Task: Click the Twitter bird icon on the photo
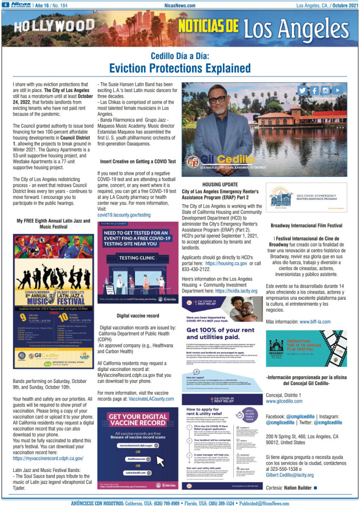tap(302, 89)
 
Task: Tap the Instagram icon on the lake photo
tap(325, 89)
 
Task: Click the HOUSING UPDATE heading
tap(220, 184)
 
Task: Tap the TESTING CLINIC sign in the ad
tap(137, 257)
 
